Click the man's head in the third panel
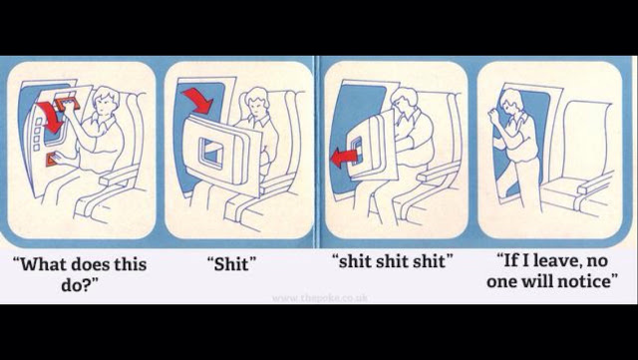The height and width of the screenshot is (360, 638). (405, 100)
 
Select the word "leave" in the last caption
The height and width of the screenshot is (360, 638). (556, 262)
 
